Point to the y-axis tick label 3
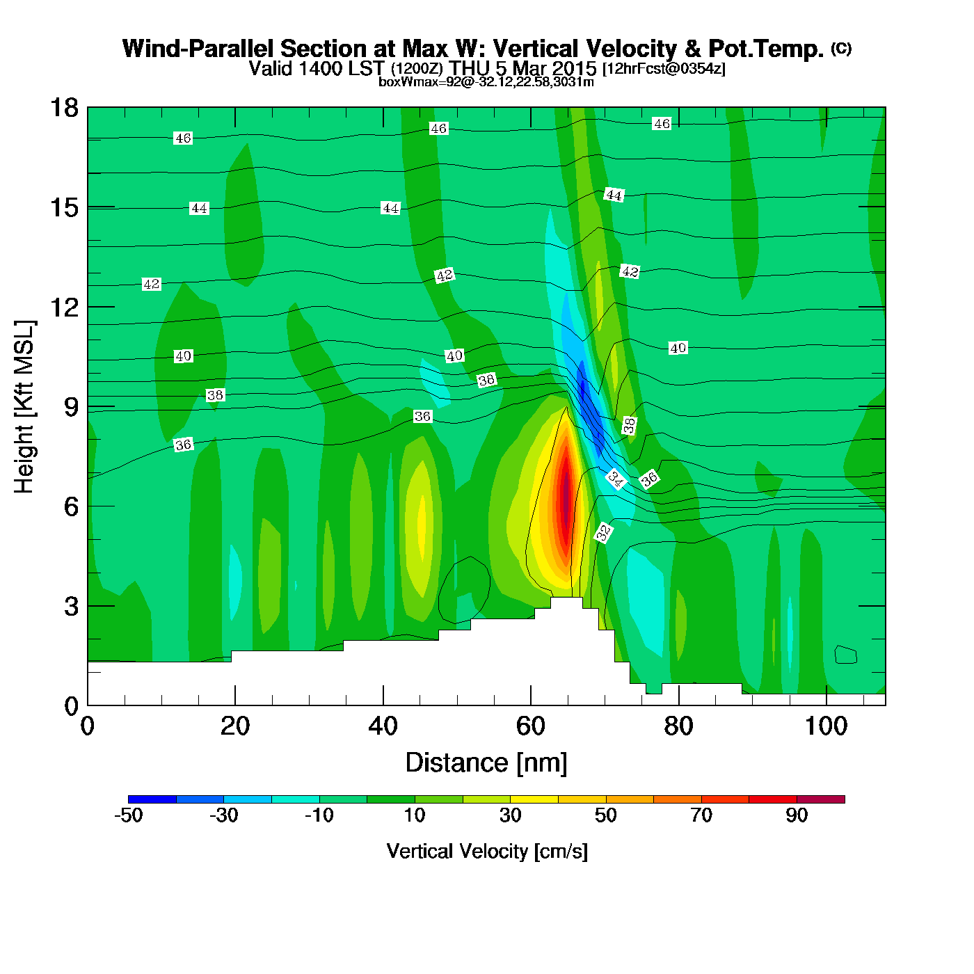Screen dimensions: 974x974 pyautogui.click(x=71, y=607)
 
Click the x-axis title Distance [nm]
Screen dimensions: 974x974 pyautogui.click(x=486, y=763)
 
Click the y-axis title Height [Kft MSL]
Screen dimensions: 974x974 pyautogui.click(x=24, y=407)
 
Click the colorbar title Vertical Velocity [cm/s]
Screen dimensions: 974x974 pyautogui.click(x=487, y=852)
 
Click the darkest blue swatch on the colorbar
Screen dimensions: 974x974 pyautogui.click(x=152, y=799)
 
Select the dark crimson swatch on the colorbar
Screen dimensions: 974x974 pyautogui.click(x=820, y=799)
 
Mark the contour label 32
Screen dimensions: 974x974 pyautogui.click(x=604, y=532)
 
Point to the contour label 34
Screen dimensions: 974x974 pyautogui.click(x=616, y=478)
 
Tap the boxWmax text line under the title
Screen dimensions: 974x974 pyautogui.click(x=486, y=82)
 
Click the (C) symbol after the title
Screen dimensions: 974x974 pyautogui.click(x=841, y=48)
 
